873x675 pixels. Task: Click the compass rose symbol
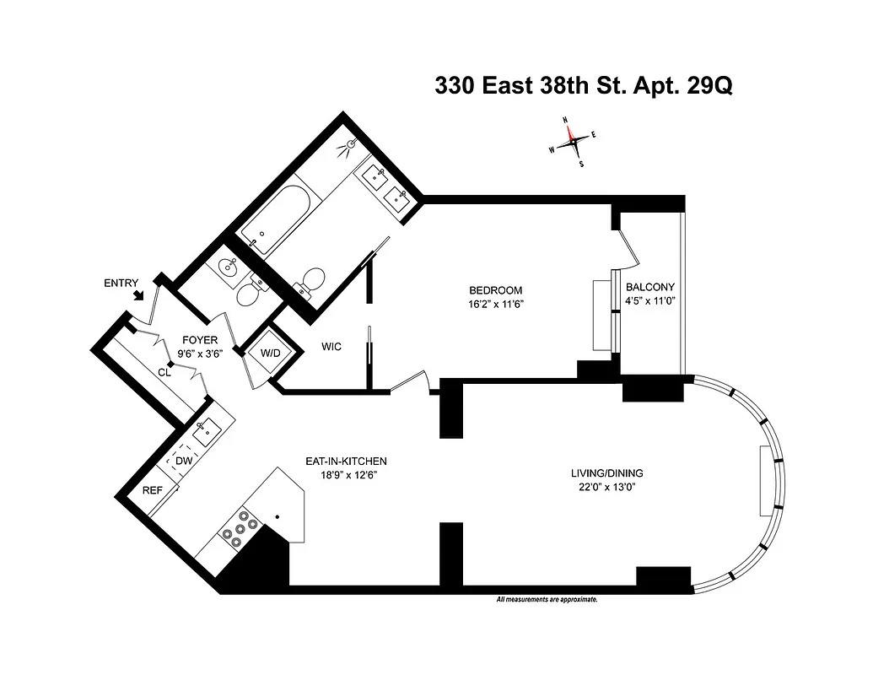[x=573, y=141]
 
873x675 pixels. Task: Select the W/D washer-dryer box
[x=270, y=352]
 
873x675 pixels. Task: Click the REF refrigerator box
[x=152, y=490]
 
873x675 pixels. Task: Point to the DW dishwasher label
[x=184, y=462]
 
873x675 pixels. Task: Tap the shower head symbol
[x=344, y=148]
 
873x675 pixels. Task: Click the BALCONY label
[x=649, y=287]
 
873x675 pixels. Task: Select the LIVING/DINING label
[x=607, y=473]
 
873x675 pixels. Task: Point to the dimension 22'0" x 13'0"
[x=607, y=487]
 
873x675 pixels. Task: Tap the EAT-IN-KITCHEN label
[x=346, y=461]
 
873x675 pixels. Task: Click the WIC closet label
[x=331, y=347]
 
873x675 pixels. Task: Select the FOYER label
[x=200, y=341]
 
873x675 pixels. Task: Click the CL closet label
[x=164, y=371]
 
